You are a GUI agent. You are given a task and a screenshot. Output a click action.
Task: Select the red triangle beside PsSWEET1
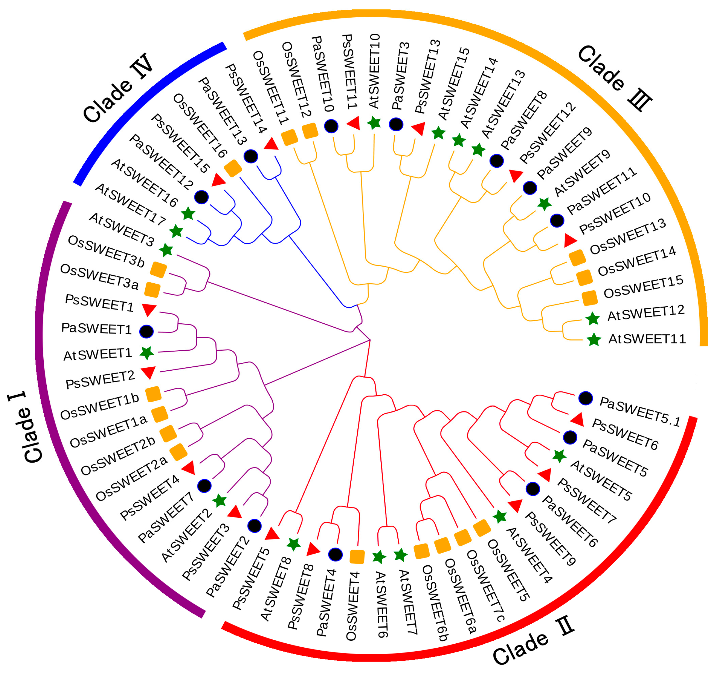point(149,309)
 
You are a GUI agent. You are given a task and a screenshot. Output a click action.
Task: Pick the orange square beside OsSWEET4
point(357,557)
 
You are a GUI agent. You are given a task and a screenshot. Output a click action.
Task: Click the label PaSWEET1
point(96,329)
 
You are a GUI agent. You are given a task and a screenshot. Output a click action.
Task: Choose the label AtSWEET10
point(374,71)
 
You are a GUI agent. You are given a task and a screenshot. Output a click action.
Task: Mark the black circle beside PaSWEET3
point(396,124)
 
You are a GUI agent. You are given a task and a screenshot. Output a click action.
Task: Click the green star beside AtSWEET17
point(176,231)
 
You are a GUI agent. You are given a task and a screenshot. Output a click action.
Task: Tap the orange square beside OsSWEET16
point(233,168)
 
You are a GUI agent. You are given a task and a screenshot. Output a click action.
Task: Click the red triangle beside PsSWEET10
point(570,240)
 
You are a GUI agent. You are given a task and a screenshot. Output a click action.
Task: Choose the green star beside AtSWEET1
point(147,353)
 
